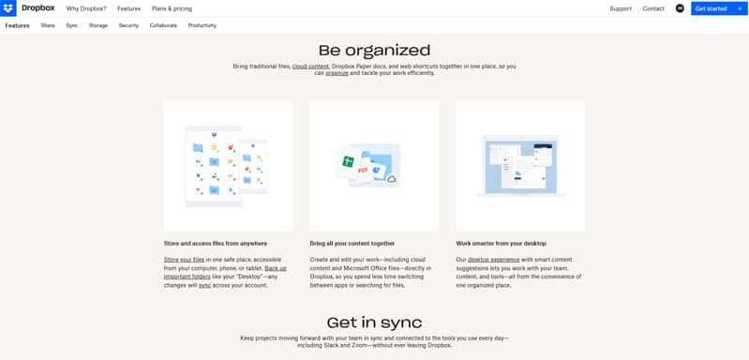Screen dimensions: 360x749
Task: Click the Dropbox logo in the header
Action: click(x=29, y=8)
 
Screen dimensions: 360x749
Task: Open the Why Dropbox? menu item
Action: click(x=86, y=8)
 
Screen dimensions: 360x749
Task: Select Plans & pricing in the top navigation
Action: click(x=172, y=8)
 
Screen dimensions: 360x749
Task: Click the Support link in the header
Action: click(x=621, y=8)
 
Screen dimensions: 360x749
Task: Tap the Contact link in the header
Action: click(x=653, y=8)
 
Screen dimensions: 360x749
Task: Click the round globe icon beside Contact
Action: click(x=680, y=8)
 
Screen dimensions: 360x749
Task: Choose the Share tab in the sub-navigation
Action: click(x=48, y=25)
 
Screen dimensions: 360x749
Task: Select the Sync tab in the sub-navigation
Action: click(x=72, y=25)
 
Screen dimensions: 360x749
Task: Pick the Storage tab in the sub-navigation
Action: click(x=98, y=25)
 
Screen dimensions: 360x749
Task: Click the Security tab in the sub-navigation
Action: click(x=128, y=25)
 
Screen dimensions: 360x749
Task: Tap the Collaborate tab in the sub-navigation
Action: click(x=163, y=25)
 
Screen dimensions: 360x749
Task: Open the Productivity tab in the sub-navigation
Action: click(x=202, y=25)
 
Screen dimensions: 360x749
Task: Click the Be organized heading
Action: click(x=374, y=51)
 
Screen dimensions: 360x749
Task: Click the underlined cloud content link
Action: click(x=310, y=67)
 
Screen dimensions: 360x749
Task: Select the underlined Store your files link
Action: click(x=185, y=259)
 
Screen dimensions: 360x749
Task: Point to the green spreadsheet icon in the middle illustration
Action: click(x=347, y=161)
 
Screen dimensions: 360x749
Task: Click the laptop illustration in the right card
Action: click(x=520, y=166)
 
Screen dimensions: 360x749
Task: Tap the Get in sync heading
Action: click(x=374, y=322)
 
